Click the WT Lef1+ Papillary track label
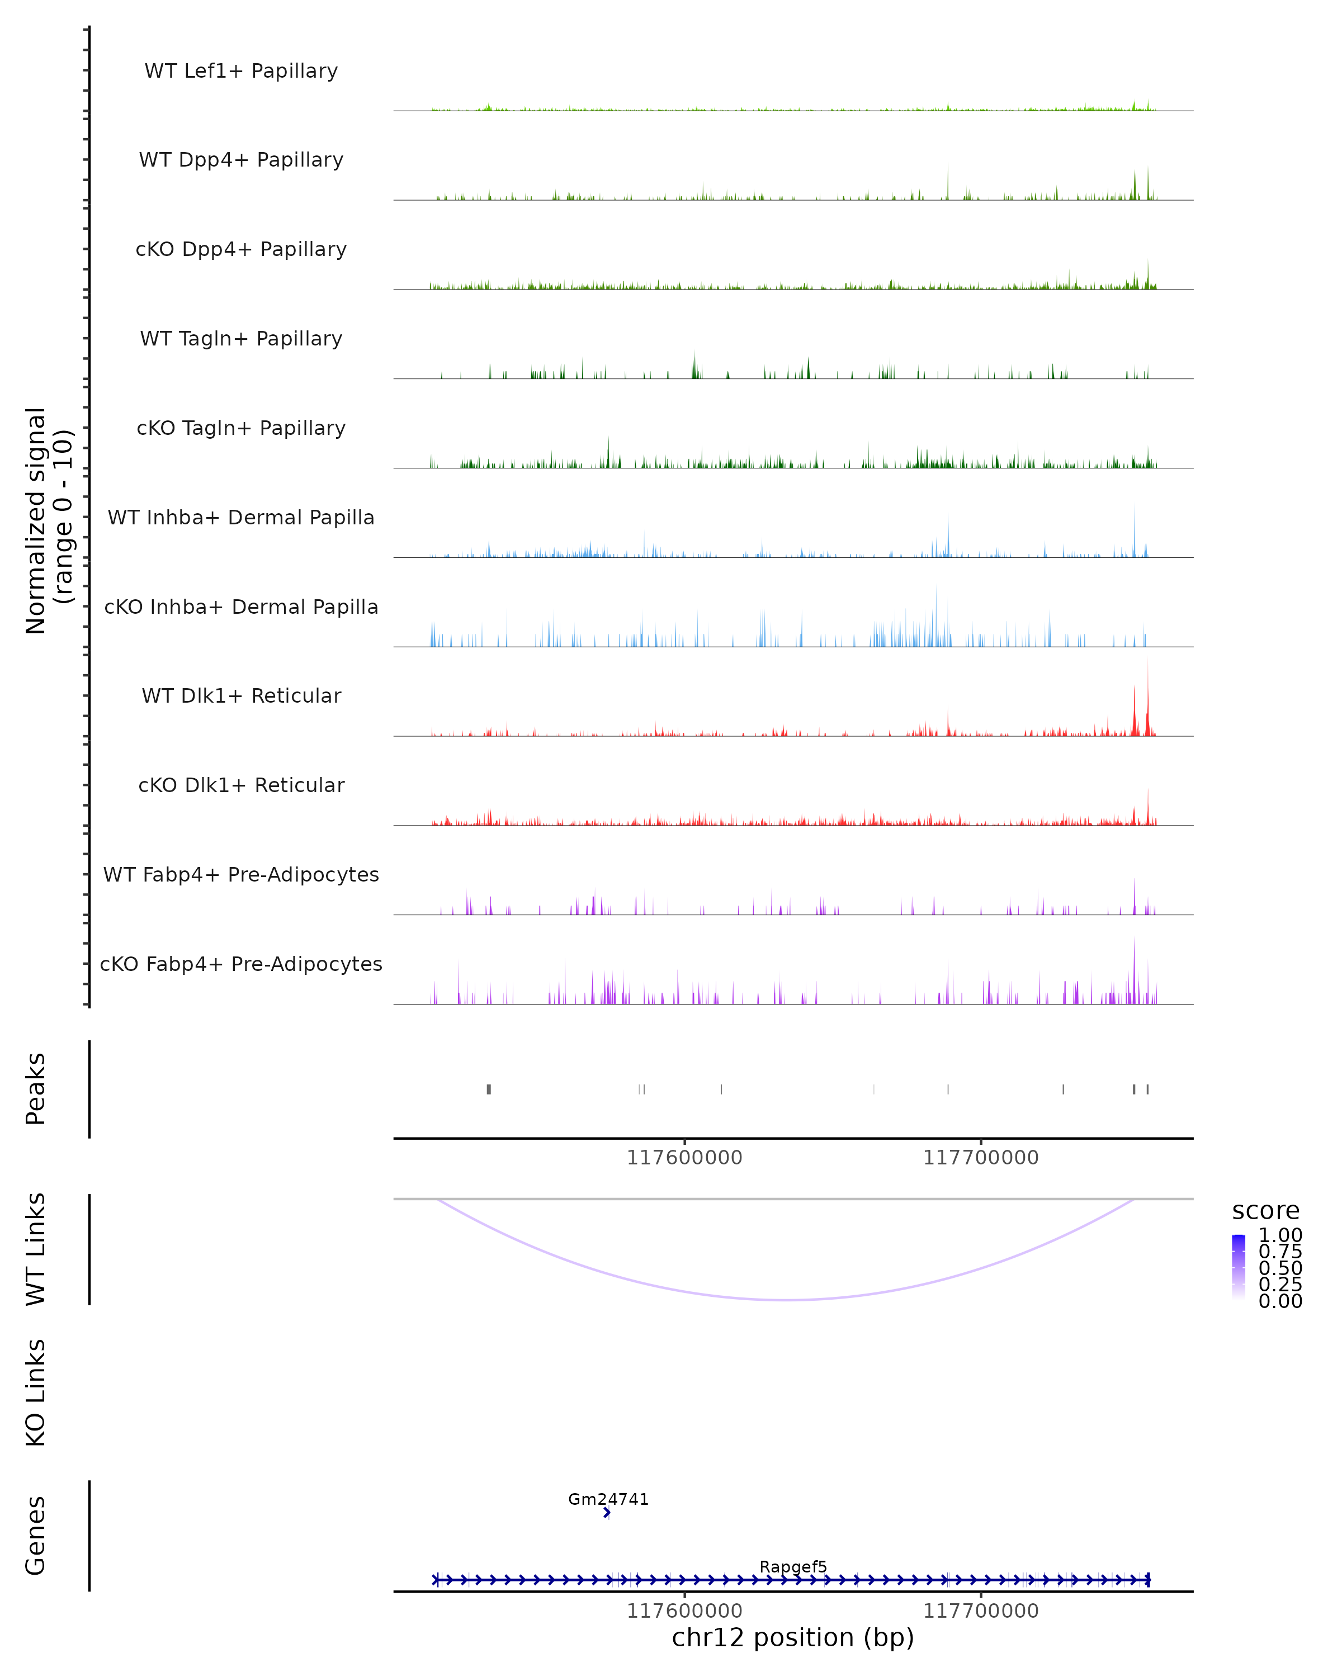click(241, 71)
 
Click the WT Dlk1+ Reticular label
click(241, 695)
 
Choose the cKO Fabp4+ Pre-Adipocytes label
click(241, 964)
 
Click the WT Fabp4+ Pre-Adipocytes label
click(241, 874)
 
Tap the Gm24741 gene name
click(608, 1499)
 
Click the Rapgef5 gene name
click(793, 1566)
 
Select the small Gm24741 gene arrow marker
click(607, 1513)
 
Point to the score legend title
click(1266, 1211)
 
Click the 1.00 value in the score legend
click(1280, 1235)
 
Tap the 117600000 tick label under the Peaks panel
click(684, 1158)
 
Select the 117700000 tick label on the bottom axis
click(980, 1611)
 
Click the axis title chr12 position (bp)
click(793, 1637)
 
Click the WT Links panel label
click(36, 1249)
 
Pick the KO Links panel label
click(36, 1392)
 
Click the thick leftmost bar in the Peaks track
click(489, 1089)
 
